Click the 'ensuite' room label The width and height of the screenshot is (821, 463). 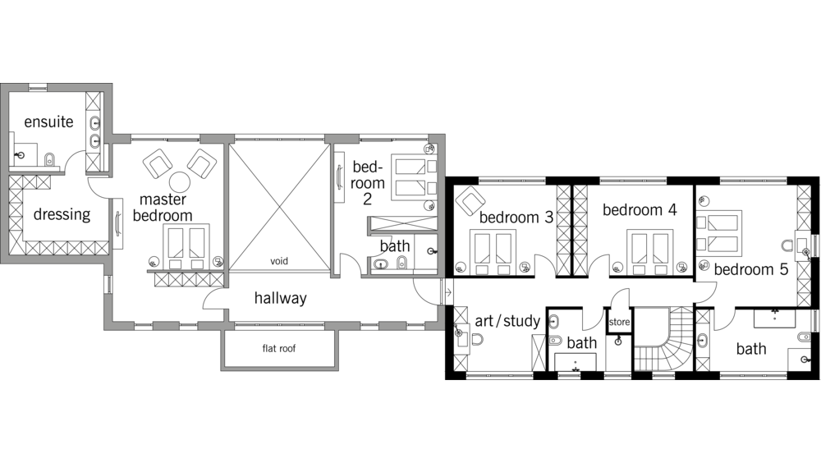point(48,122)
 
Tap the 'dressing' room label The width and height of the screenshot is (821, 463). point(62,215)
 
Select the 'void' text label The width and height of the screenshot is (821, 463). point(279,261)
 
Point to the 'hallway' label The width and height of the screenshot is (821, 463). point(281,299)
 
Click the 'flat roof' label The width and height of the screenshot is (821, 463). point(279,348)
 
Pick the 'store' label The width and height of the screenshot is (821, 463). point(619,322)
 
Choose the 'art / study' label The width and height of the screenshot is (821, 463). point(507,320)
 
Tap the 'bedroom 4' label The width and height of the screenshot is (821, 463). point(640,210)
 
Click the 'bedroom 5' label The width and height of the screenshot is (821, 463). point(751,270)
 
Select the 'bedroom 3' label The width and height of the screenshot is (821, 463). point(516,218)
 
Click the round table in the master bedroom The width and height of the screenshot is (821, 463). point(179,183)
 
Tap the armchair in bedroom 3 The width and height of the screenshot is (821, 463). point(470,200)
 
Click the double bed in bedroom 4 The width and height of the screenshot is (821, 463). point(649,253)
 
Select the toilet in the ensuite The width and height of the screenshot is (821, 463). point(50,160)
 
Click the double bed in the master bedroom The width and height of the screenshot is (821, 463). point(186,247)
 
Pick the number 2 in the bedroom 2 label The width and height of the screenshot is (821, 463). point(368,199)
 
